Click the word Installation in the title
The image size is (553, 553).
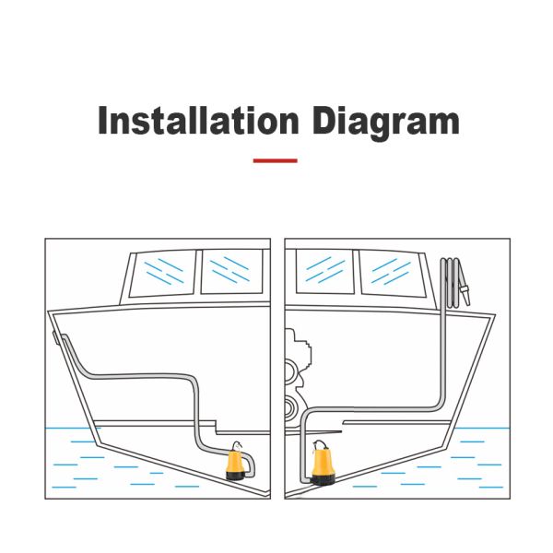(x=198, y=120)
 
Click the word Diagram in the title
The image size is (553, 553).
(x=386, y=124)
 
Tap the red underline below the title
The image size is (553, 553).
(x=275, y=160)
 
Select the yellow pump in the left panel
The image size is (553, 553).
(x=236, y=461)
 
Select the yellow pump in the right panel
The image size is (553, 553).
(x=323, y=463)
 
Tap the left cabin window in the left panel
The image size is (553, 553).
(x=163, y=273)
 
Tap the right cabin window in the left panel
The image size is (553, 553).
(x=231, y=272)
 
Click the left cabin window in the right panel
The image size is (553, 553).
(x=324, y=271)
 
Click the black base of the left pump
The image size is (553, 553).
(x=235, y=477)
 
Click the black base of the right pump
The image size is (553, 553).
(x=323, y=479)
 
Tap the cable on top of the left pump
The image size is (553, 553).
(x=238, y=445)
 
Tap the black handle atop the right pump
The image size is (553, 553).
(x=319, y=443)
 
